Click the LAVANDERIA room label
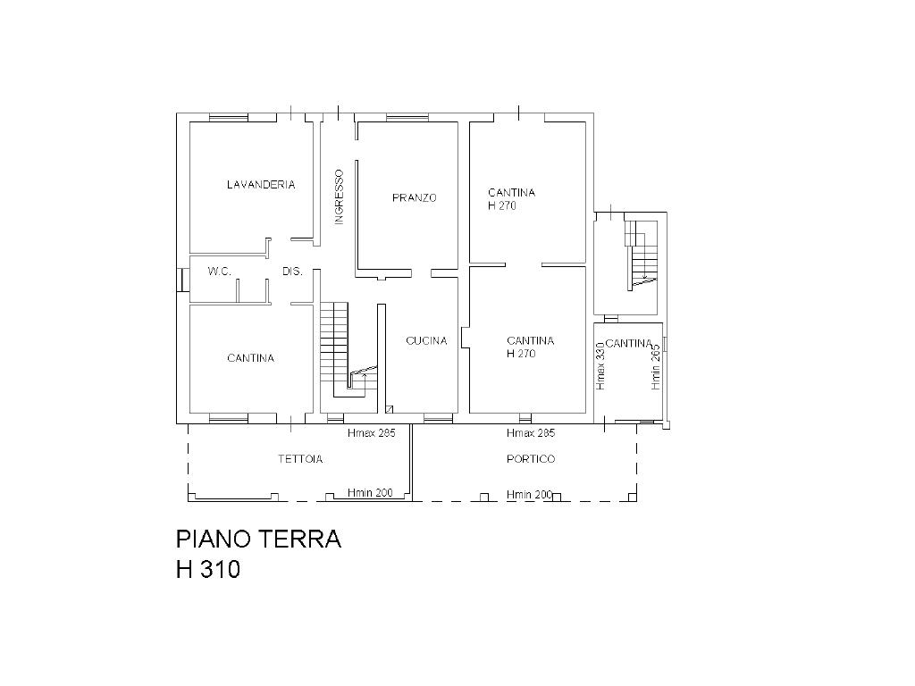click(x=261, y=184)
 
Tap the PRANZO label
click(x=415, y=197)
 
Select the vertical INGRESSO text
click(x=339, y=197)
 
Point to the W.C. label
click(x=220, y=272)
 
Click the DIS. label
click(x=292, y=272)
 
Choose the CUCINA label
click(x=426, y=340)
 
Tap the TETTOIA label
click(x=300, y=459)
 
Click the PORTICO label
click(x=531, y=459)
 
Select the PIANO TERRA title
click(x=258, y=539)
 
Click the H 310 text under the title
click(x=208, y=569)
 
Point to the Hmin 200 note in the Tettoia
click(x=370, y=493)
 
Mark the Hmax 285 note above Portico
click(x=531, y=433)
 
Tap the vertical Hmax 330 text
click(x=600, y=366)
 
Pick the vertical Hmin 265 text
click(x=656, y=366)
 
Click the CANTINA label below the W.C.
click(x=250, y=358)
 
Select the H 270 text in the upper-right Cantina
click(x=502, y=205)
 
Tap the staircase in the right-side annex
click(x=641, y=255)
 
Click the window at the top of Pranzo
click(x=407, y=119)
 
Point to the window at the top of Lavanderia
click(x=229, y=119)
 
